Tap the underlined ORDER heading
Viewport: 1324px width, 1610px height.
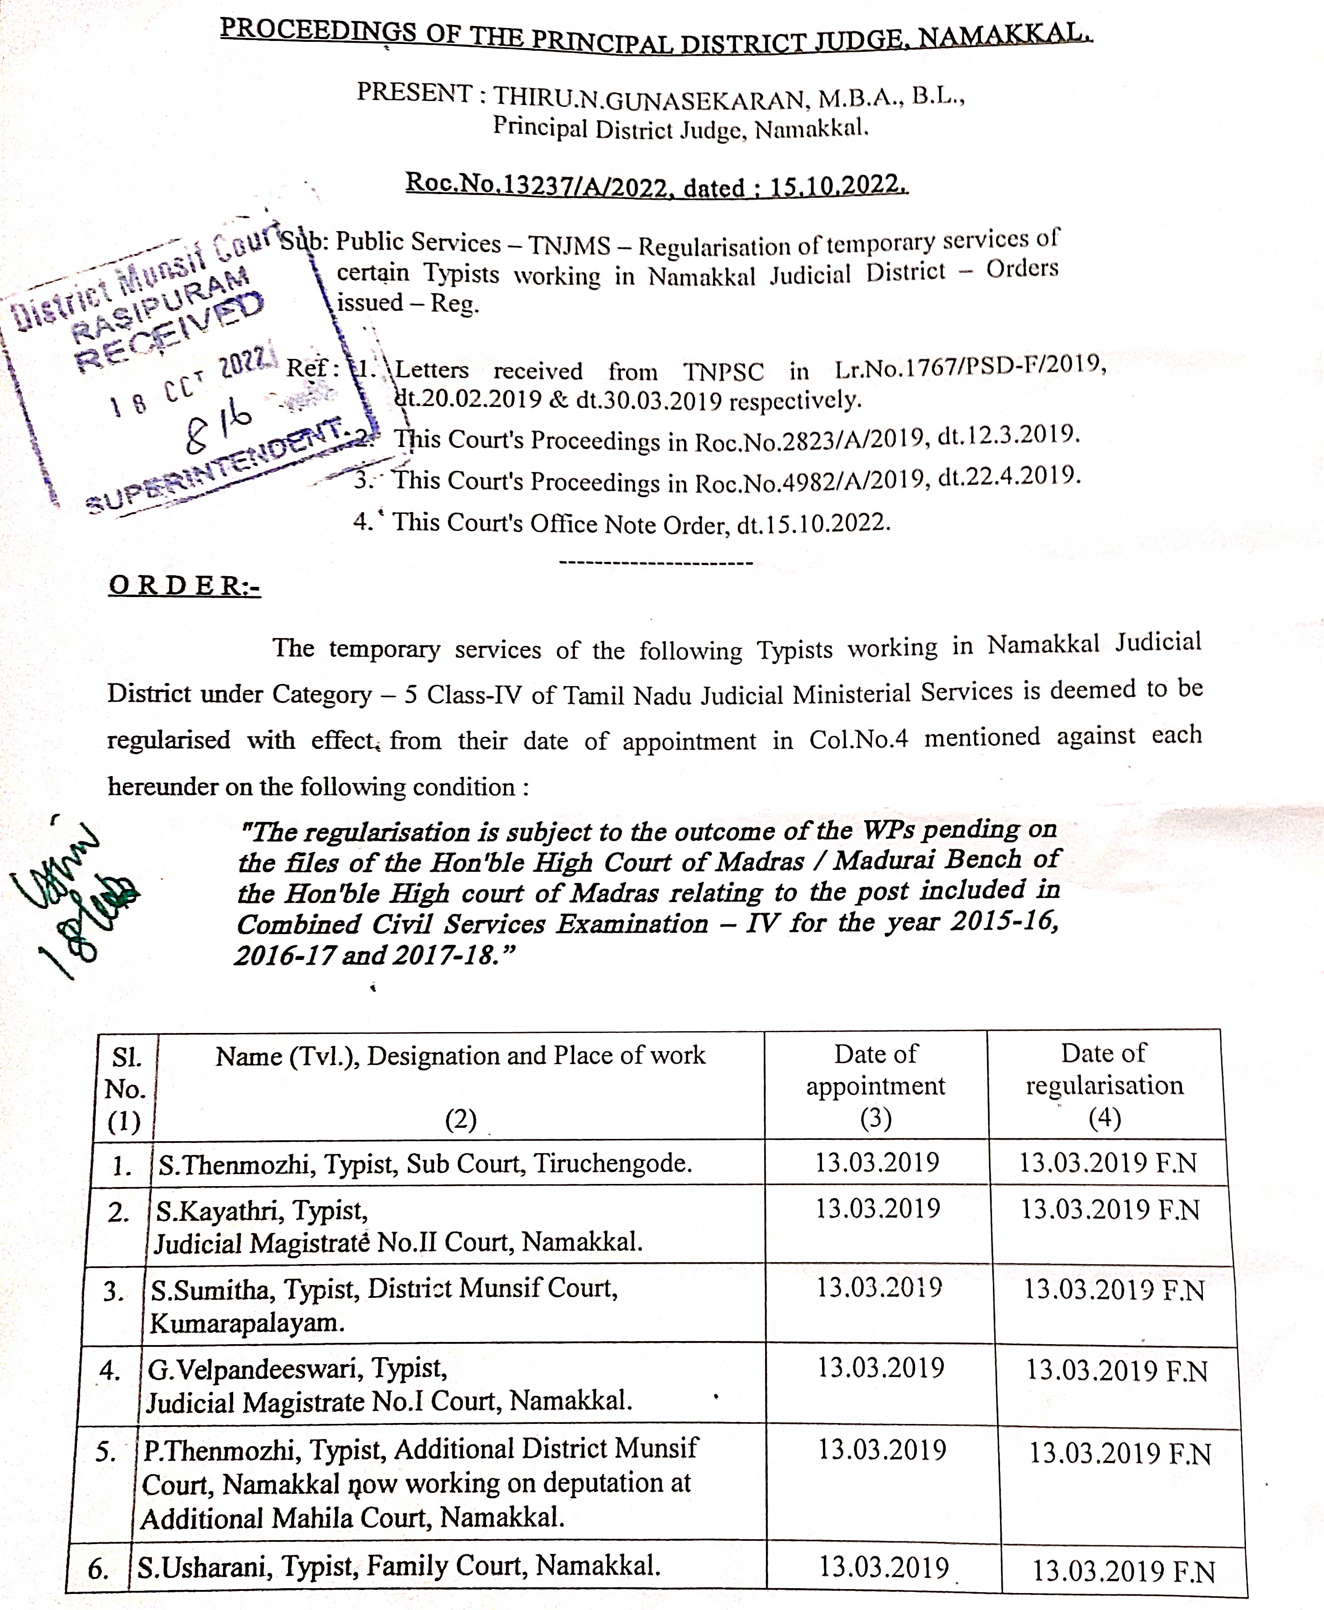click(185, 586)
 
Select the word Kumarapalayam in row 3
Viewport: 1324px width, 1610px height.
click(247, 1322)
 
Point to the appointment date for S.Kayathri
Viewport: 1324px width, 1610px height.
click(878, 1209)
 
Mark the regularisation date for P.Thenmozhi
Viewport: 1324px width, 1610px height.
click(1120, 1454)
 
